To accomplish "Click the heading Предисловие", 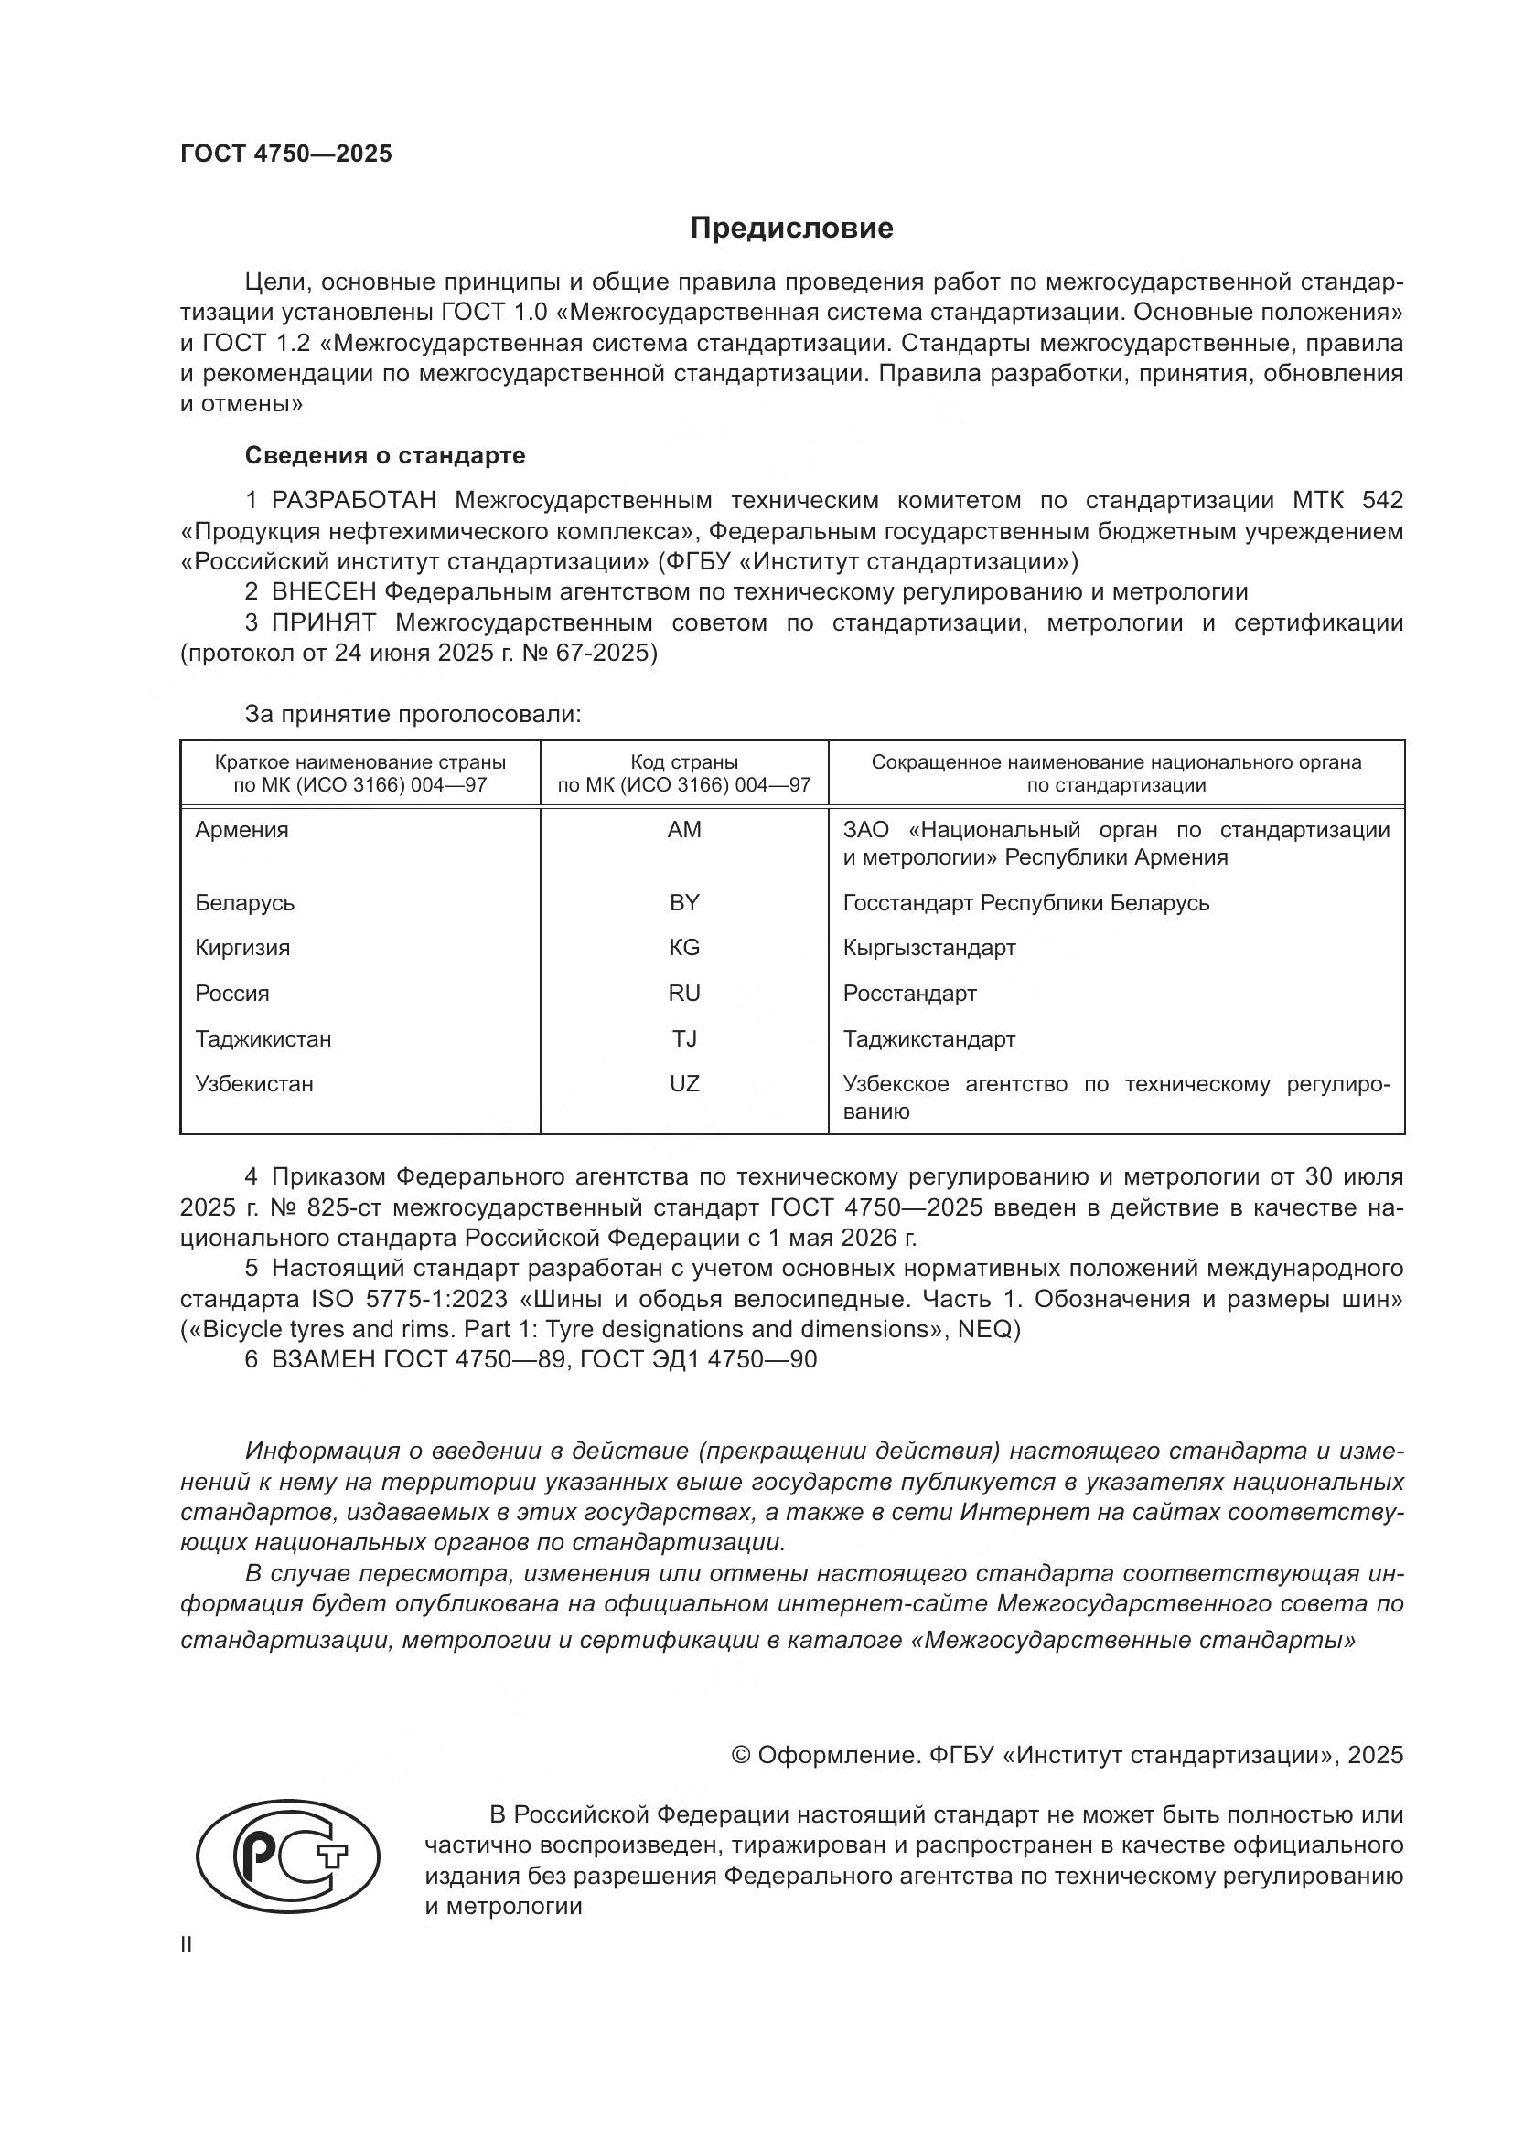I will pos(791,229).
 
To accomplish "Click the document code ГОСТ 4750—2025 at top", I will pos(286,154).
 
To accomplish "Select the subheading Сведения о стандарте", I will pos(385,455).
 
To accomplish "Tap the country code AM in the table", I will pos(684,830).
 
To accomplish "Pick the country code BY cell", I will pos(684,902).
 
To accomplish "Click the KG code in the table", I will pos(684,948).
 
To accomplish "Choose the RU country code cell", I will pos(684,994).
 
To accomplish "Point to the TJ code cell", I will pos(684,1039).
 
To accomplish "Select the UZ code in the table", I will pos(684,1084).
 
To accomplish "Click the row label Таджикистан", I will pos(263,1039).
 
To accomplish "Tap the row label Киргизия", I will pos(242,948).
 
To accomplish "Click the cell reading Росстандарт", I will pos(909,994).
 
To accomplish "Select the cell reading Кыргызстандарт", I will pos(928,948).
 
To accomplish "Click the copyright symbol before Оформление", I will pos(742,1755).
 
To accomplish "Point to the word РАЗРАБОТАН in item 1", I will pos(354,501).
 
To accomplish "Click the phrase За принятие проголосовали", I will pos(413,714).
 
